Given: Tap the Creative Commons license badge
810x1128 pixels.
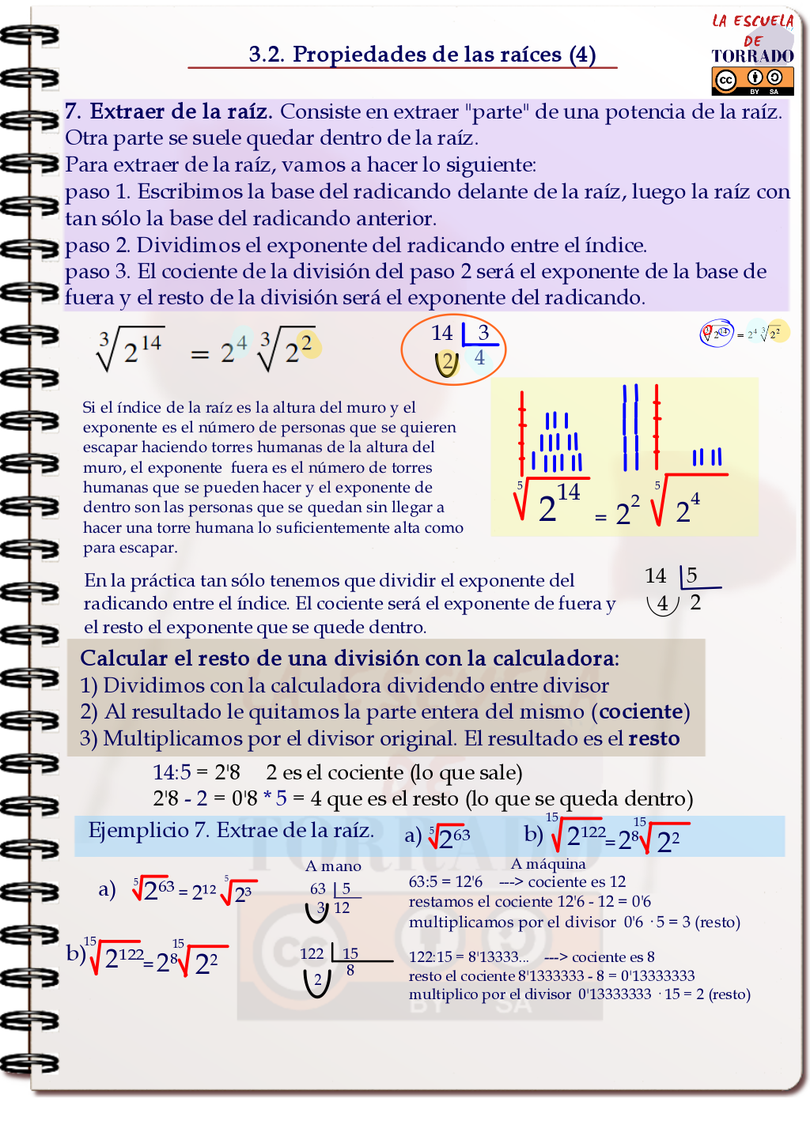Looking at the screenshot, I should tap(752, 80).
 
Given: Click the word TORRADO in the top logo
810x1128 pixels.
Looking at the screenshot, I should tap(752, 55).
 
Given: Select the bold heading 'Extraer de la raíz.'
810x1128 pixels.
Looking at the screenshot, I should tap(181, 111).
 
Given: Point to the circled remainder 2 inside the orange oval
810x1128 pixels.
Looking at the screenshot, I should tap(448, 363).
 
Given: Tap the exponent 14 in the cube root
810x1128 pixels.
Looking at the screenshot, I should tap(151, 342).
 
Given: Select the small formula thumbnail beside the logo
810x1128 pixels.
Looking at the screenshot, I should tap(744, 334).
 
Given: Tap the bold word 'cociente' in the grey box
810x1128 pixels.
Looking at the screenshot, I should tap(641, 711).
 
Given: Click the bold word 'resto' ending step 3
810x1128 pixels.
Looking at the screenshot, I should tap(654, 738).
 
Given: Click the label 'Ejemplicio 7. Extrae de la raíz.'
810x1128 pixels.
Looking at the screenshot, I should tap(230, 830).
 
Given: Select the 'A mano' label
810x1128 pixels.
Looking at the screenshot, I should tap(333, 866).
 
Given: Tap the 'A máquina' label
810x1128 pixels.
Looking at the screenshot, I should tap(548, 863).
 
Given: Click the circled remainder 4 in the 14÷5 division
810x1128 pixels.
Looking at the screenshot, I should tap(663, 603).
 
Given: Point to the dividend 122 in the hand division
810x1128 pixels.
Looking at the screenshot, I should tap(312, 953).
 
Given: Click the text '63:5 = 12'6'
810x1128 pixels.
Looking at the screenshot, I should tap(445, 881).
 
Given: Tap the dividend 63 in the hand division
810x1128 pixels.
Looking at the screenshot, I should tap(318, 888).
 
